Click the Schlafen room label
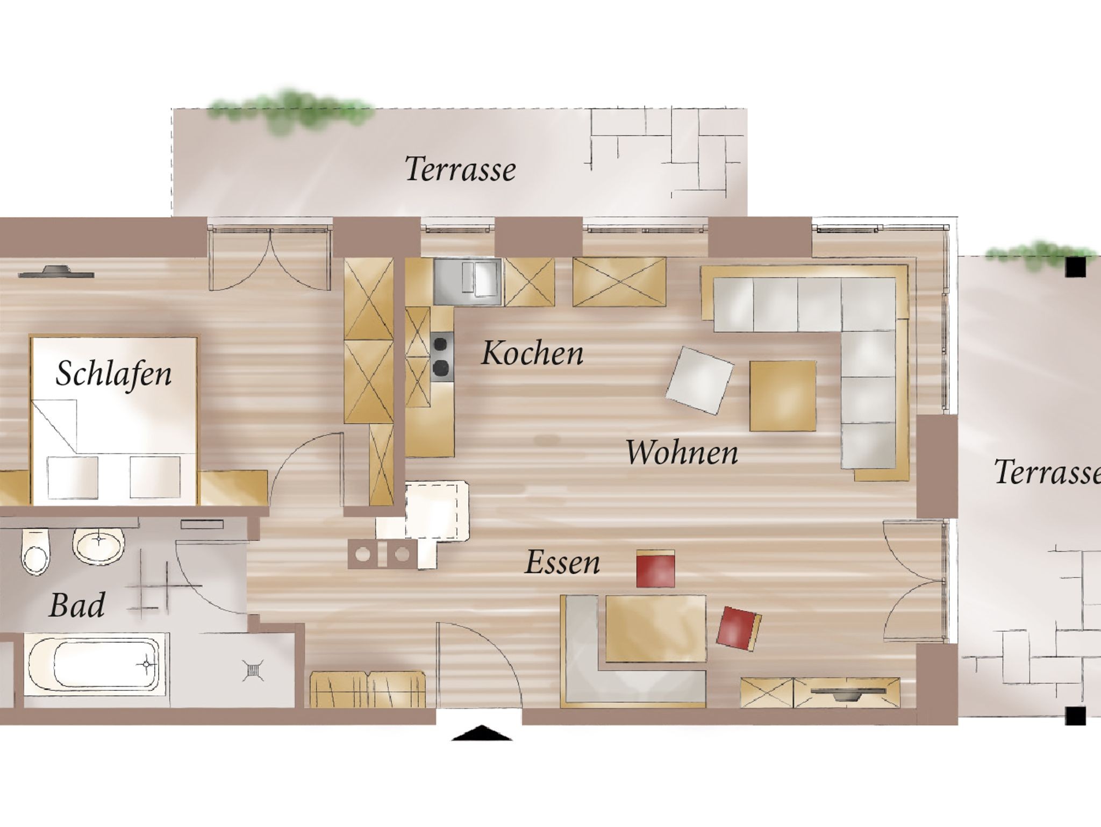click(x=113, y=374)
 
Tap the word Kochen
click(x=532, y=353)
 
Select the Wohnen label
click(x=682, y=452)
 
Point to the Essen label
click(x=562, y=562)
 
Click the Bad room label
click(x=77, y=605)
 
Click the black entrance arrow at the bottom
click(x=481, y=733)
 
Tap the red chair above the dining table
click(x=655, y=568)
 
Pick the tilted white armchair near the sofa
click(x=699, y=380)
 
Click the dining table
click(x=655, y=629)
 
